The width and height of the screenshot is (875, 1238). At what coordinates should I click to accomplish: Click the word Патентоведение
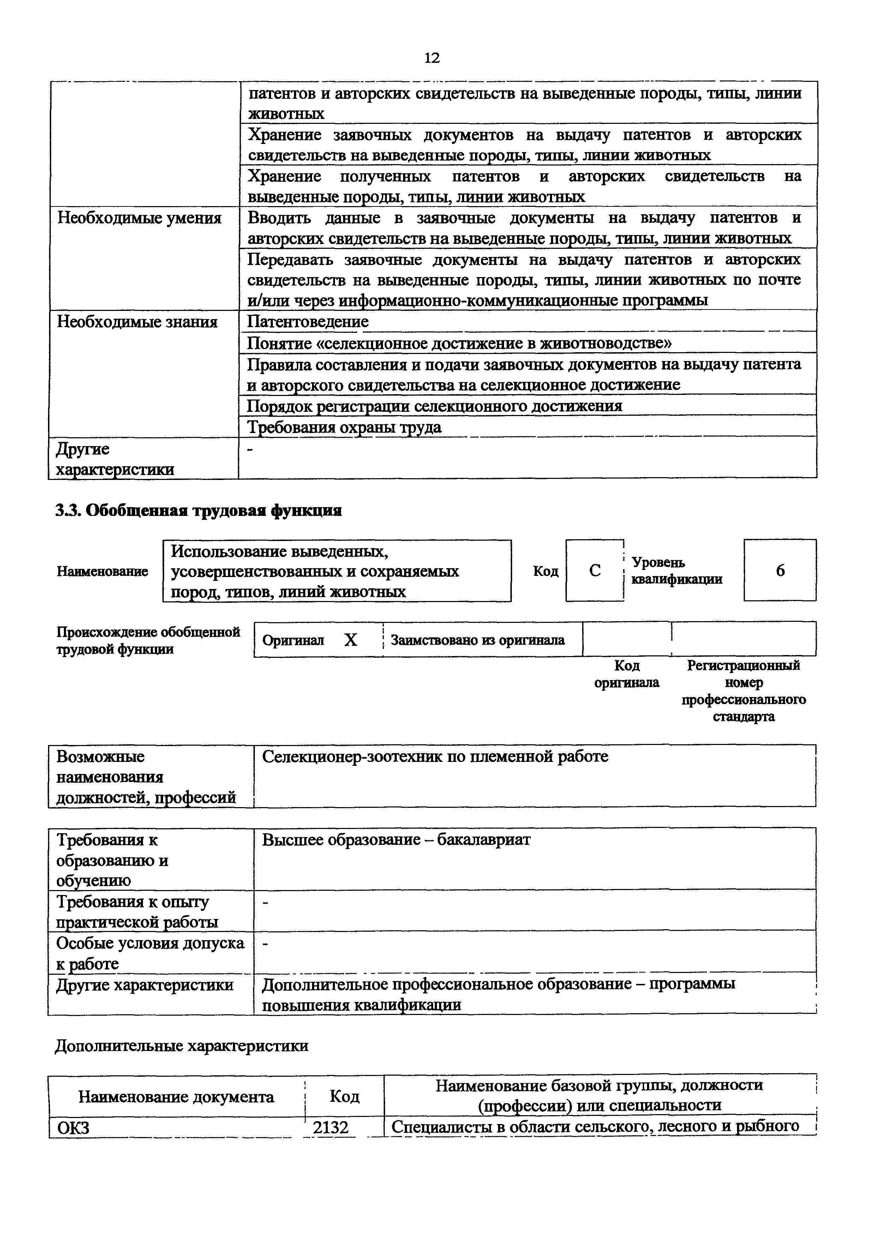(308, 322)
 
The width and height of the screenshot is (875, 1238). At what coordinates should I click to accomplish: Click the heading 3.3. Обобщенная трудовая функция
(199, 510)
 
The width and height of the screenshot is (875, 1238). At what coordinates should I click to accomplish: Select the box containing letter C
(595, 570)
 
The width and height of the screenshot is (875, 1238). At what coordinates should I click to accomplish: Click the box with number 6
(780, 570)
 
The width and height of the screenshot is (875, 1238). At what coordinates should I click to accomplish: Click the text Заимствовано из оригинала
(477, 640)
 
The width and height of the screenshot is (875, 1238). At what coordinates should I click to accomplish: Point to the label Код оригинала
(627, 674)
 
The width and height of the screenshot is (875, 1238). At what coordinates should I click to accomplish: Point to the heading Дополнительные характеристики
(182, 1046)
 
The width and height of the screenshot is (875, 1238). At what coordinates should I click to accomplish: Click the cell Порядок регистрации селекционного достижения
(434, 405)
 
